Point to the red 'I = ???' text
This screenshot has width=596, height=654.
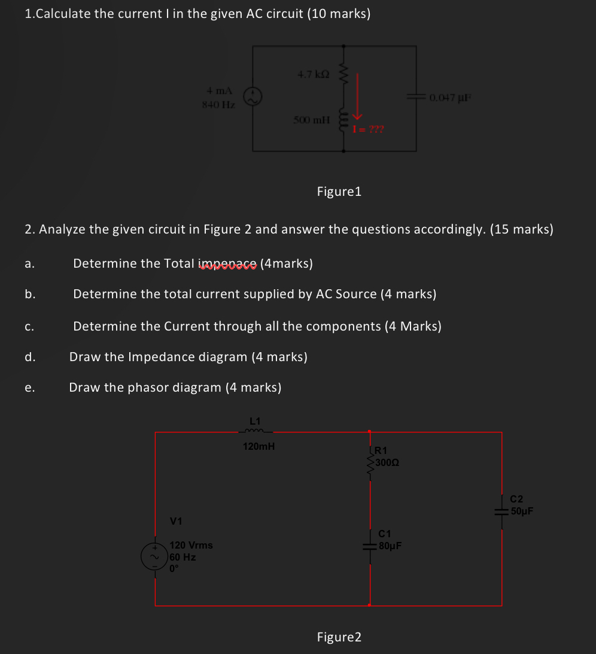click(x=369, y=129)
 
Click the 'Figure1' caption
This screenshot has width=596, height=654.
click(x=339, y=192)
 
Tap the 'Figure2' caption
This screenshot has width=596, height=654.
click(x=339, y=637)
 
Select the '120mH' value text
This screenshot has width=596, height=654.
click(x=259, y=446)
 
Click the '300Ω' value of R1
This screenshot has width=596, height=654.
click(x=388, y=462)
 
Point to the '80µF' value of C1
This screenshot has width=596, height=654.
click(x=390, y=546)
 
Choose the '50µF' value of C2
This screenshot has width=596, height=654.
click(x=522, y=511)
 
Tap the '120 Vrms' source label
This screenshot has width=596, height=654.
click(x=191, y=546)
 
